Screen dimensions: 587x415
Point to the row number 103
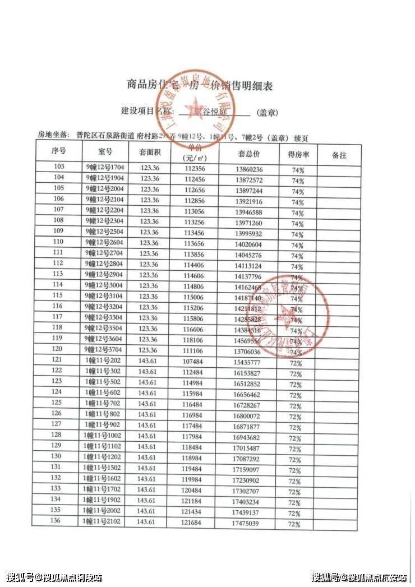click(58, 167)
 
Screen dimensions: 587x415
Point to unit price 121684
click(193, 523)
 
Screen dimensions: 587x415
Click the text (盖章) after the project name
click(268, 113)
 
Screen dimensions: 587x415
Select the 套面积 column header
click(150, 152)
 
